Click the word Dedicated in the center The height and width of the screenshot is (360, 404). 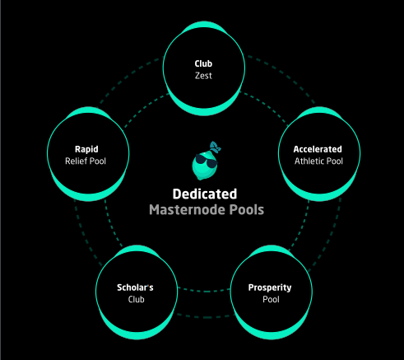(x=205, y=194)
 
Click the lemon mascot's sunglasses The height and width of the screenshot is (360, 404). (x=207, y=161)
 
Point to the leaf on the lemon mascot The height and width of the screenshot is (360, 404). (x=216, y=147)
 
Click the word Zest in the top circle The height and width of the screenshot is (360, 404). (x=203, y=76)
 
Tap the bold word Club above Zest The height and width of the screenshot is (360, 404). (x=203, y=63)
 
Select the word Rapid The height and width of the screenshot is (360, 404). (x=86, y=149)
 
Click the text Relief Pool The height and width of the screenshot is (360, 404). (x=86, y=161)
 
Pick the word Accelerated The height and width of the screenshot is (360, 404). (x=318, y=149)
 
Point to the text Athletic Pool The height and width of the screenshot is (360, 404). (x=318, y=161)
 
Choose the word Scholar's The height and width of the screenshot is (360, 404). (x=135, y=288)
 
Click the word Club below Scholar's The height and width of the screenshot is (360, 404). (x=136, y=299)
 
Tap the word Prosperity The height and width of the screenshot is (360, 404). (x=270, y=288)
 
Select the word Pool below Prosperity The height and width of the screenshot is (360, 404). (x=271, y=299)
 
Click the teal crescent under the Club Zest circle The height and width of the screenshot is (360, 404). (x=204, y=111)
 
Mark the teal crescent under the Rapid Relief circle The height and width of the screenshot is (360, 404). (x=88, y=197)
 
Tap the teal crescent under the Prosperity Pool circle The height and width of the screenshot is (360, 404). (x=271, y=334)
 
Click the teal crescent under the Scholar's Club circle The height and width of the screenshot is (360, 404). (x=137, y=334)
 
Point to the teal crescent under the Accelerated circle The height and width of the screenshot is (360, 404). (x=319, y=197)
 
